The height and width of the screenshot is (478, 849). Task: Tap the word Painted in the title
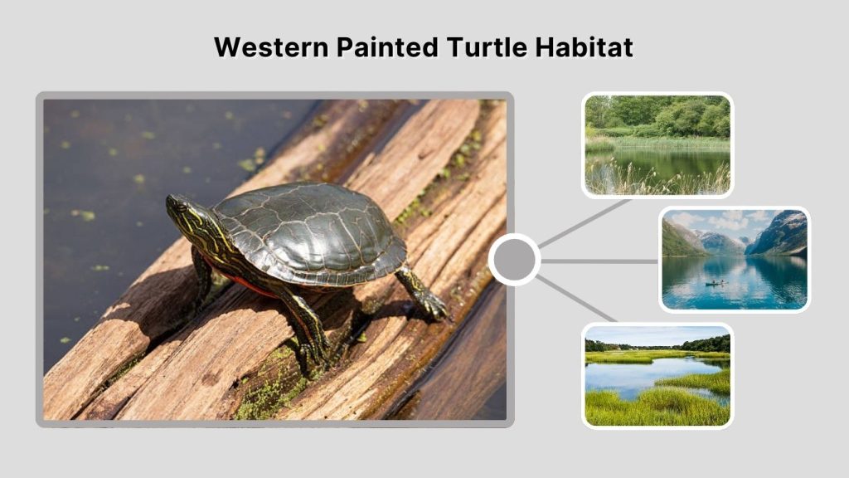tap(387, 47)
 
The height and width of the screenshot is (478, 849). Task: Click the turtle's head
tap(183, 212)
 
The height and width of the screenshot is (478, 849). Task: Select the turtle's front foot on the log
tap(313, 353)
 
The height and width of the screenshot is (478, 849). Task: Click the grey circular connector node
tap(515, 260)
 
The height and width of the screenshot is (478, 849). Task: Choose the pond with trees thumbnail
tap(657, 145)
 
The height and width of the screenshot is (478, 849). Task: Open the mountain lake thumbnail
tap(734, 259)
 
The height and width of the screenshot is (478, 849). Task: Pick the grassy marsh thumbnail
tap(657, 375)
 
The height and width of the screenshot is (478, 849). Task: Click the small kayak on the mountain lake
tap(712, 283)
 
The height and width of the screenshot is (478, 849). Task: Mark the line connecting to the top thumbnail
tap(585, 222)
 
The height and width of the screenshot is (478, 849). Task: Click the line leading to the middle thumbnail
tap(599, 261)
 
